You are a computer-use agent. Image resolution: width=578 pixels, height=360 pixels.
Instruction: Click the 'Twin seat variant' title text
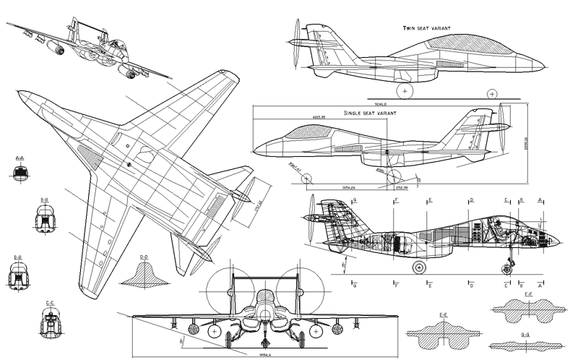(x=427, y=28)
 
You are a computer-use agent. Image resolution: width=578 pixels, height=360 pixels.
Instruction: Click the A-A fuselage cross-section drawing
(x=20, y=171)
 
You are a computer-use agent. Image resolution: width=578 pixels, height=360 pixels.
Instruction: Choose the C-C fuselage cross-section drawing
(x=50, y=318)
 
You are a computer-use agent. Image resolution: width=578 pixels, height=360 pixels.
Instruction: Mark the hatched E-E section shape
(x=444, y=332)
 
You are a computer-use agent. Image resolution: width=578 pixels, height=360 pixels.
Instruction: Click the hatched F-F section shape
(x=527, y=312)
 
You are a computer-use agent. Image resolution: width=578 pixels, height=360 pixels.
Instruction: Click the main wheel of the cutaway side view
(x=417, y=267)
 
